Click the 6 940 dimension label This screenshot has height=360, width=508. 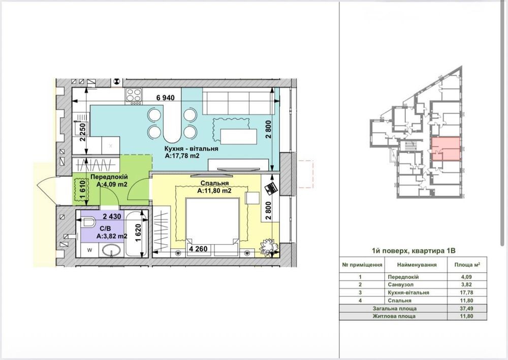point(165,98)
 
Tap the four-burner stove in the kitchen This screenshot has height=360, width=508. point(134,95)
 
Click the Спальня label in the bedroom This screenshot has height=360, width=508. point(214,183)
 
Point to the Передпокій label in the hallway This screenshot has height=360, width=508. point(109,177)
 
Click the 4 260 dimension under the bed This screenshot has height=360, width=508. point(198,249)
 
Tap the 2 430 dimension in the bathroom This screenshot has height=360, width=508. point(112,216)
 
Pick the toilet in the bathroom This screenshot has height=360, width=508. point(87,222)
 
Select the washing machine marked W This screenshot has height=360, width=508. point(89,250)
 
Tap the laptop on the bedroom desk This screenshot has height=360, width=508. point(271,188)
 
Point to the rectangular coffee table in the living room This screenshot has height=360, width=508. point(238,136)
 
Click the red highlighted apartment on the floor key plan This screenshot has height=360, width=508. point(446,149)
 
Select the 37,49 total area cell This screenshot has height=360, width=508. point(467,309)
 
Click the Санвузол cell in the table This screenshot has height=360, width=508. point(400,285)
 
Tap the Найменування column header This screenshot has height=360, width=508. point(417,265)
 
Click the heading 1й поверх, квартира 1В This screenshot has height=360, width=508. point(414,250)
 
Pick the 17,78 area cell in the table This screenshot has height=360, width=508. point(467,292)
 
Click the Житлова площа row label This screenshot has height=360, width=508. point(394,316)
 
